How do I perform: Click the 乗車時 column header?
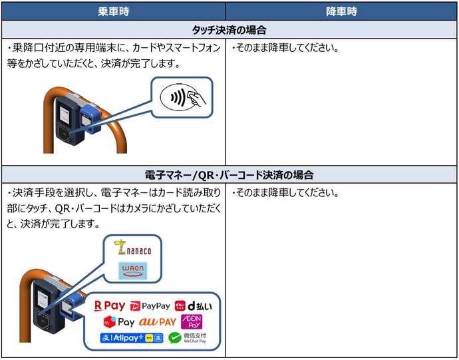[113, 11]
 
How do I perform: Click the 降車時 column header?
[341, 11]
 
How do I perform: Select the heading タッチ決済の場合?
[229, 30]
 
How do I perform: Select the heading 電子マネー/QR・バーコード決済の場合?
[229, 175]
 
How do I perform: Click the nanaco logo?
[134, 250]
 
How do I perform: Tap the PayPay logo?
[150, 306]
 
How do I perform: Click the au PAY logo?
[158, 322]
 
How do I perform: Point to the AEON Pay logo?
[191, 322]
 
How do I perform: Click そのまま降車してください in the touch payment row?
[285, 49]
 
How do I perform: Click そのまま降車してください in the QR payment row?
[285, 194]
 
